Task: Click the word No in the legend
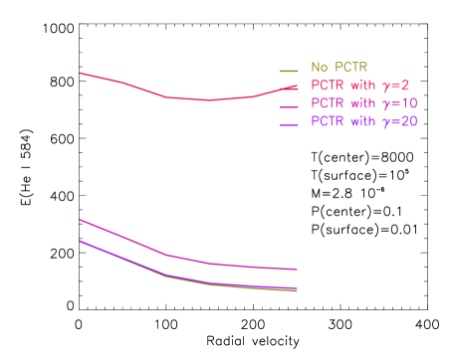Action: (x=319, y=68)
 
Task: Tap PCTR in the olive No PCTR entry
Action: (x=348, y=68)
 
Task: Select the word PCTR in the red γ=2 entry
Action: (x=330, y=86)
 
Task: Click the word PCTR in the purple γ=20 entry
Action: (x=330, y=121)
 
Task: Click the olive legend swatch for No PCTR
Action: (x=289, y=70)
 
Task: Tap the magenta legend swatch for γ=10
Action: (x=289, y=106)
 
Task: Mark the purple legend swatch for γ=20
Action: (x=289, y=124)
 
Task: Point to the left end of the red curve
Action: (x=80, y=73)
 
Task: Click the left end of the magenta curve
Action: (x=80, y=219)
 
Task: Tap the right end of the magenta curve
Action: (x=298, y=270)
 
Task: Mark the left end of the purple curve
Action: (x=80, y=241)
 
